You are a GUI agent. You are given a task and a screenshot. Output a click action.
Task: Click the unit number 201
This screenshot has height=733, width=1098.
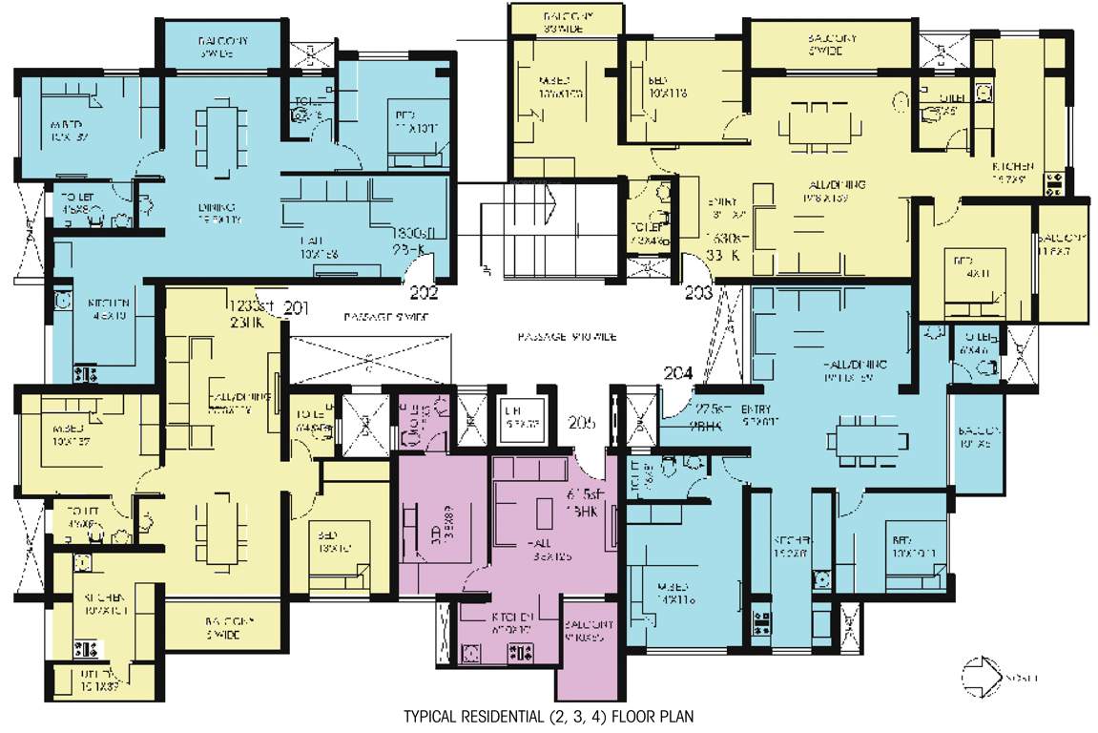[x=297, y=307]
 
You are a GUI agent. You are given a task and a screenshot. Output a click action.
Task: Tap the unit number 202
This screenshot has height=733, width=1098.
[x=424, y=293]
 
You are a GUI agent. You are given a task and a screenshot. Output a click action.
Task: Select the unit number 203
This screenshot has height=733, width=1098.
[x=698, y=294]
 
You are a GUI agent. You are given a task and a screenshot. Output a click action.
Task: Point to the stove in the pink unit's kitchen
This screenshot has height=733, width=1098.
[x=523, y=654]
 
